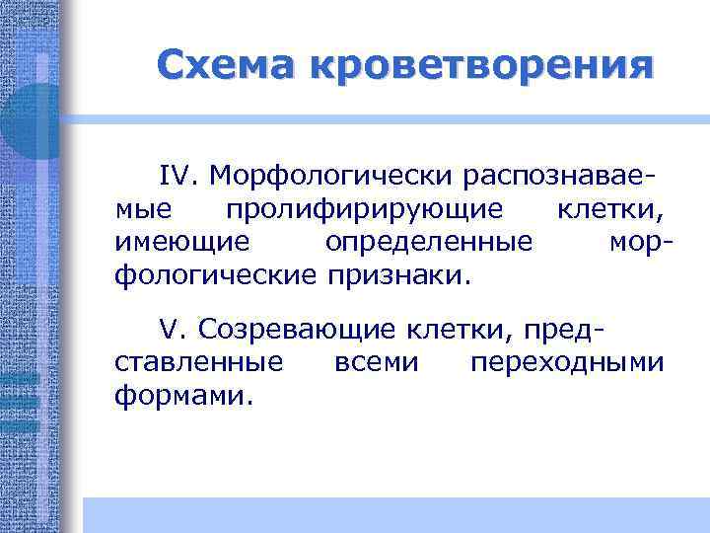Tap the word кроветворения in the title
(480, 67)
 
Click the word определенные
(430, 241)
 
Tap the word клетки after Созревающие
(455, 329)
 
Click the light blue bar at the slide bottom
(394, 514)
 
